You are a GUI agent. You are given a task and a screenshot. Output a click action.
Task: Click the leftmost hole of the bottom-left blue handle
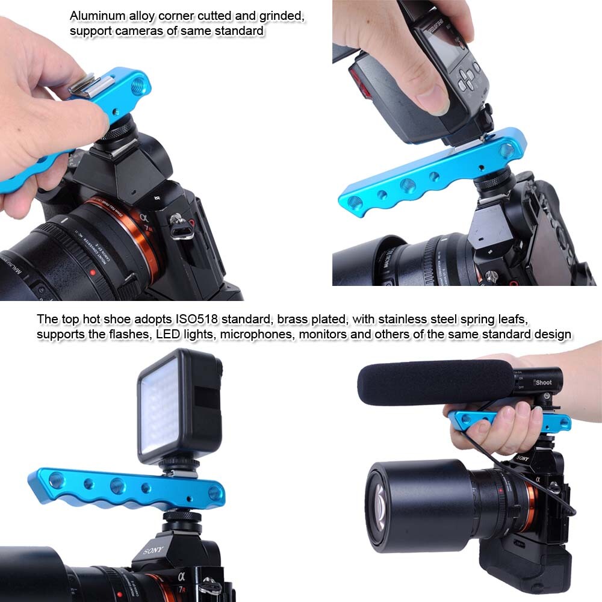tap(56, 480)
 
